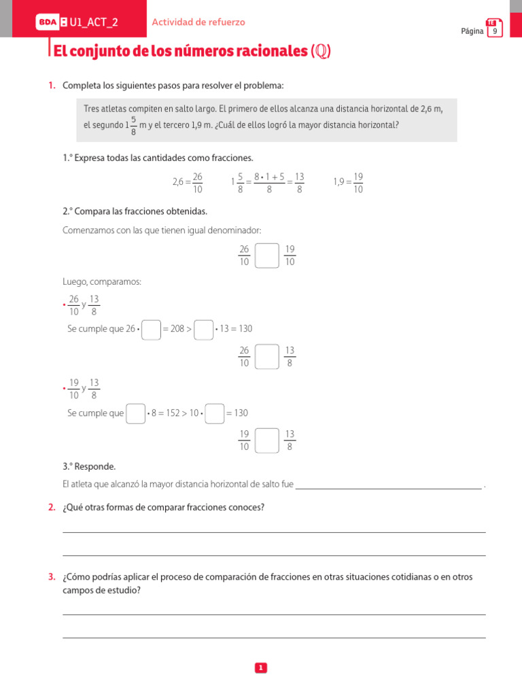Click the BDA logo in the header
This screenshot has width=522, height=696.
48,22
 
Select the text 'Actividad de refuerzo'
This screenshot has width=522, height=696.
198,22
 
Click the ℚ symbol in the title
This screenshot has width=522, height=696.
320,52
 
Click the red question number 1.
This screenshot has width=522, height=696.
52,86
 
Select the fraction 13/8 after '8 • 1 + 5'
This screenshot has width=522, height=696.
299,183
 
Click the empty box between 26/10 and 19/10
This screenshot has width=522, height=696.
267,256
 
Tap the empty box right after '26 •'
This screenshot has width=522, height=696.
152,329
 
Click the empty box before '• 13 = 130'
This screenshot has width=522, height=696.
203,329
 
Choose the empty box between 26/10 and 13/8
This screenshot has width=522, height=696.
267,357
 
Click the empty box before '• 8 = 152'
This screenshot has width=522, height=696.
136,413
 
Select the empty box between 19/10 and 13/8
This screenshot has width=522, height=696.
267,440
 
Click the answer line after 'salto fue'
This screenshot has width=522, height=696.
389,485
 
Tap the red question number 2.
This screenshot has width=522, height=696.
52,507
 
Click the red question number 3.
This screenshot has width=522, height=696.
52,577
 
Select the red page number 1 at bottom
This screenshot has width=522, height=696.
261,668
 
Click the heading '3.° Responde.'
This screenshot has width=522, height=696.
89,466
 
